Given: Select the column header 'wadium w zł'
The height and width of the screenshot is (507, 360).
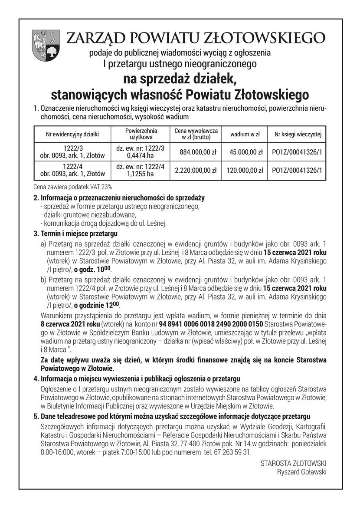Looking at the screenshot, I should coord(245,135).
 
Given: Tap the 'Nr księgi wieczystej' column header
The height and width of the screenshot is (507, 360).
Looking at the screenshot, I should coord(298,135).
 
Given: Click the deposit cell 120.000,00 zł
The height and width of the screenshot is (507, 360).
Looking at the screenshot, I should coord(245,171).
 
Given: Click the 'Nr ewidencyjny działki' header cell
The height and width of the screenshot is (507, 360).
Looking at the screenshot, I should coord(72,135).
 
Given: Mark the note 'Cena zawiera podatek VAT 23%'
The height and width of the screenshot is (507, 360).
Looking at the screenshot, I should coord(72,187).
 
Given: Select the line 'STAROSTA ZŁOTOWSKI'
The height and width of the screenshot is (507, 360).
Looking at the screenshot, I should coord(293,463).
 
